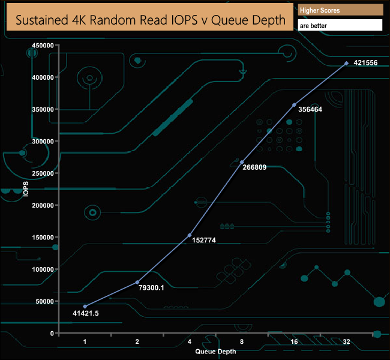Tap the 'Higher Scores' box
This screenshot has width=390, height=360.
340,10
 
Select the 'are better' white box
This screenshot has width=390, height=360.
340,25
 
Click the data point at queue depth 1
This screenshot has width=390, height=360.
85,307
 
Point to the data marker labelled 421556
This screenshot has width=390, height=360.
346,63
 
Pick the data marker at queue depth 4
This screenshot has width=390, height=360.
190,235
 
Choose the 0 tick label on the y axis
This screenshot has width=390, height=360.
52,333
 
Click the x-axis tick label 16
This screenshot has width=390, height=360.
294,342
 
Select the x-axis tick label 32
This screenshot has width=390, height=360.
346,342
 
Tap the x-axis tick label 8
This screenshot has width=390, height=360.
242,342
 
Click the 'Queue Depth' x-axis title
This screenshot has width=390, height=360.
215,351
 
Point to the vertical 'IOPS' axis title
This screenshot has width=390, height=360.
26,189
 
